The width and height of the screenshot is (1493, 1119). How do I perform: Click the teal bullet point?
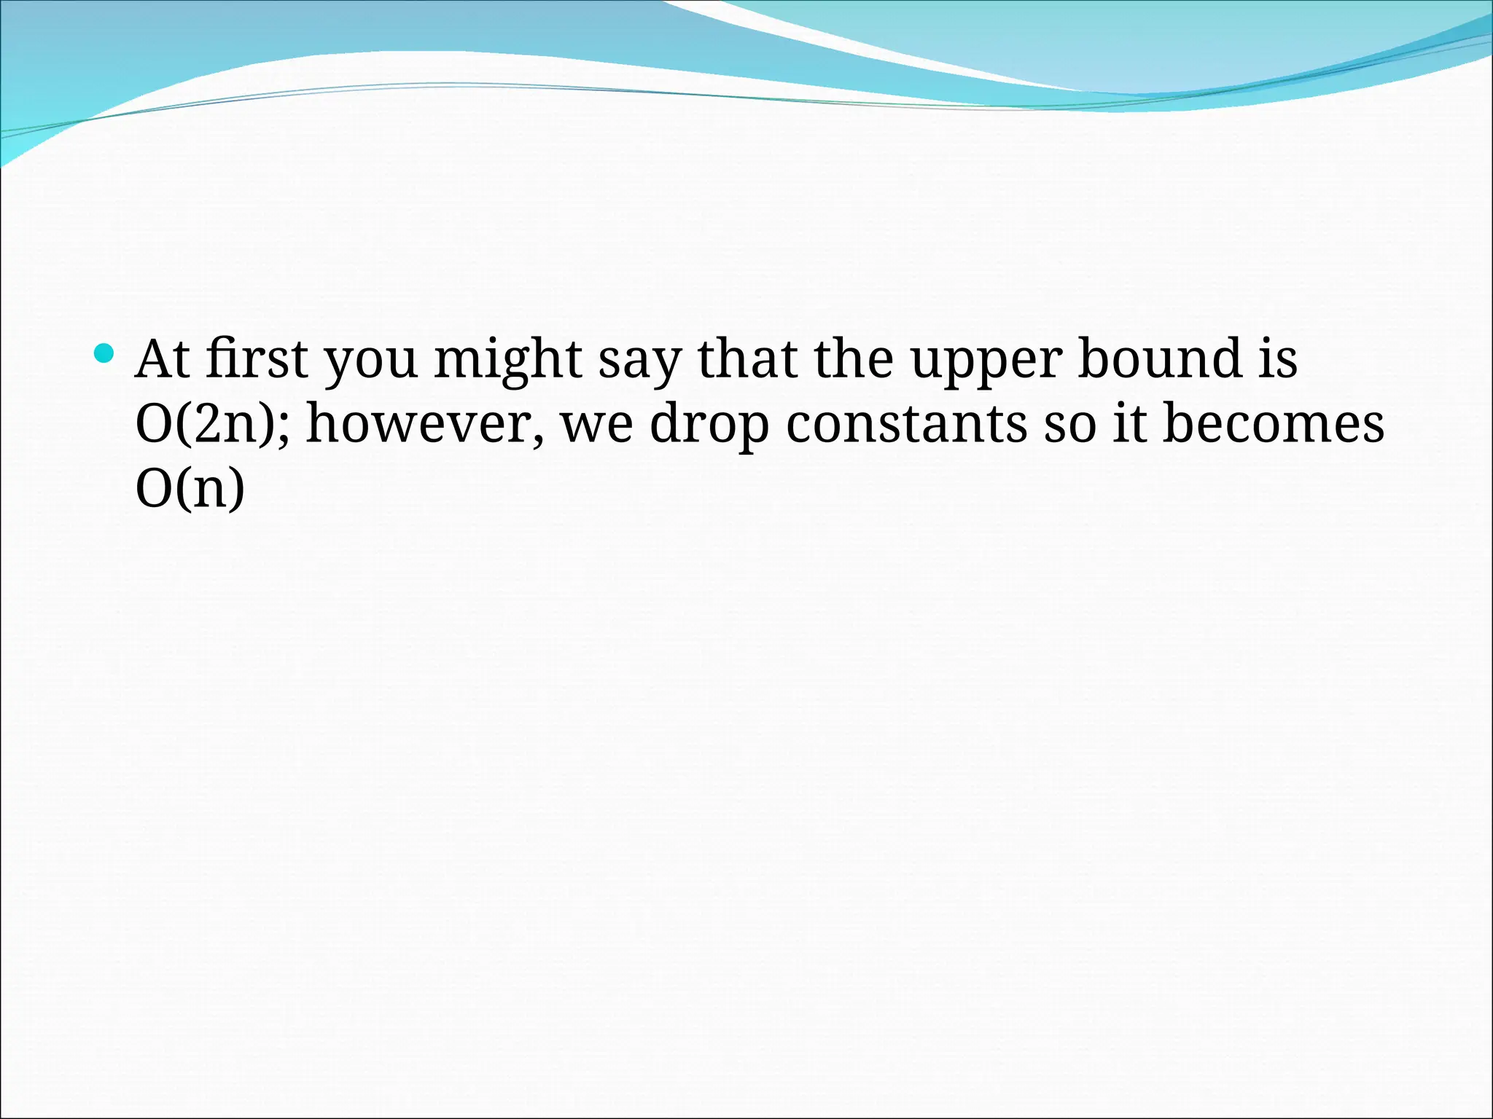tap(105, 354)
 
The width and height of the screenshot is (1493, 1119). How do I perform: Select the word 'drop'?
tap(709, 427)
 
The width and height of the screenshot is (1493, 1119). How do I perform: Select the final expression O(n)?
tap(190, 490)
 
